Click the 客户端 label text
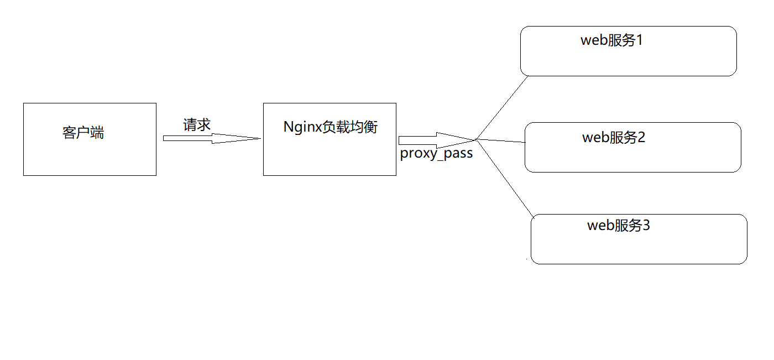click(x=83, y=133)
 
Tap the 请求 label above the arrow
click(x=197, y=124)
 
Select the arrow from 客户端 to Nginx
click(x=210, y=138)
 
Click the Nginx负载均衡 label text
click(x=330, y=127)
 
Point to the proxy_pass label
click(x=436, y=154)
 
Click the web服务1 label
click(x=611, y=40)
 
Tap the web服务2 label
click(x=614, y=137)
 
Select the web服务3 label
click(x=618, y=225)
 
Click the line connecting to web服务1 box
click(x=502, y=107)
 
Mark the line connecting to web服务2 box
click(x=500, y=141)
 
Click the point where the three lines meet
click(x=476, y=139)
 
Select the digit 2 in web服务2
click(x=641, y=137)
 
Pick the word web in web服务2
click(x=596, y=137)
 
